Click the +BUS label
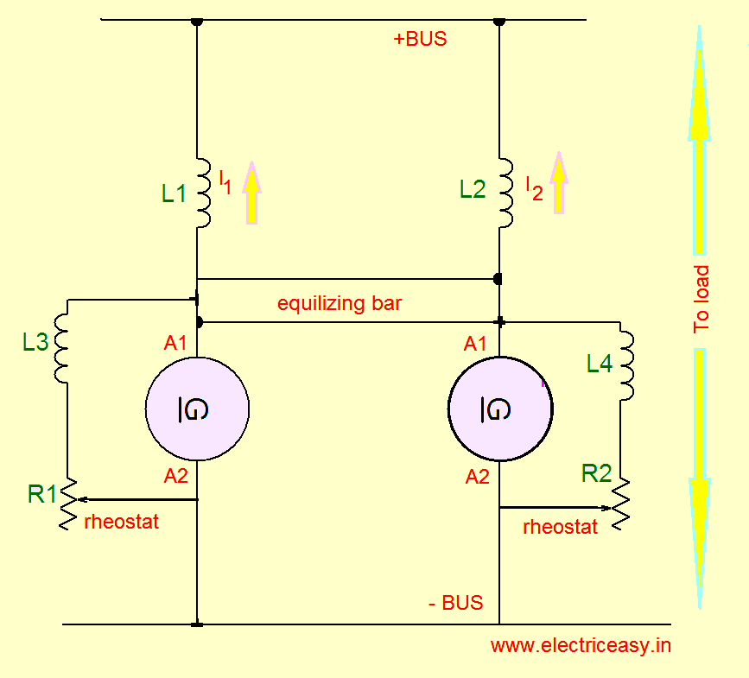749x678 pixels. pos(420,39)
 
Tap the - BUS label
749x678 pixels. pos(455,603)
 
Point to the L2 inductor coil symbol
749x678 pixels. pos(505,193)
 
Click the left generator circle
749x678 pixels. pos(198,409)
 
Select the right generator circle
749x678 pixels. pos(500,409)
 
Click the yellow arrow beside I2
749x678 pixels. pos(559,183)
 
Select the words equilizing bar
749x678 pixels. pos(340,304)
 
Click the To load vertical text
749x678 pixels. pos(701,299)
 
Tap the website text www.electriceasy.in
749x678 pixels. pos(581,645)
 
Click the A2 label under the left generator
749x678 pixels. pos(175,475)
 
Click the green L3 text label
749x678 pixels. pos(35,343)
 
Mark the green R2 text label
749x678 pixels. pos(596,473)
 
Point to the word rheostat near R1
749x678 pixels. pos(121,522)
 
